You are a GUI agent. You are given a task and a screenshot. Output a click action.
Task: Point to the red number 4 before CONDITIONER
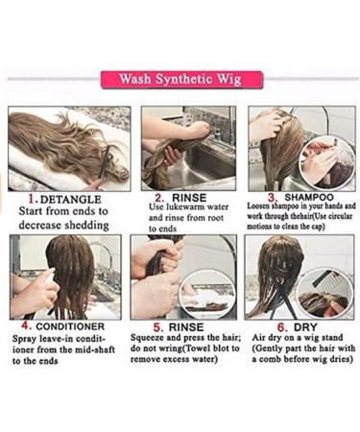click(17, 324)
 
